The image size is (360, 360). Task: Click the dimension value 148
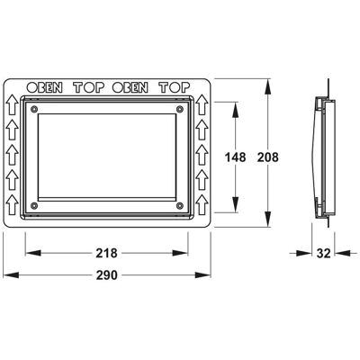click(x=236, y=157)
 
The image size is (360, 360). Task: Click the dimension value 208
click(x=268, y=157)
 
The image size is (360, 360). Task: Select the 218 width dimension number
click(x=106, y=254)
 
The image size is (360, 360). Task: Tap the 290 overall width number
click(x=106, y=275)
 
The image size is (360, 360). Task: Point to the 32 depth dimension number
click(x=324, y=254)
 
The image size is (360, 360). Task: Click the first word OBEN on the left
click(x=45, y=87)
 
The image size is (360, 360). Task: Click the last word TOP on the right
click(x=175, y=87)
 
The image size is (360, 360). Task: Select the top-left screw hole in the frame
click(x=34, y=109)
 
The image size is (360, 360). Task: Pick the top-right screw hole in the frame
click(x=180, y=109)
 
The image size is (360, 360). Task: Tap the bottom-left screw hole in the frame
click(x=34, y=205)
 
